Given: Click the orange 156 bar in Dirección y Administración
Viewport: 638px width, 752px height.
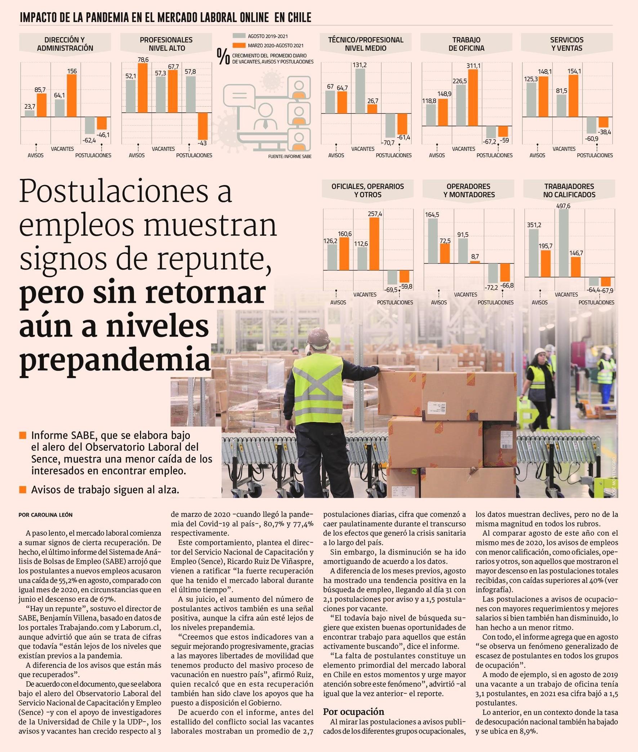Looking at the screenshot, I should pos(72,96).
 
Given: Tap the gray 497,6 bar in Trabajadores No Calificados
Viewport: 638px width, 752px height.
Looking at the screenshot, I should pos(563,243).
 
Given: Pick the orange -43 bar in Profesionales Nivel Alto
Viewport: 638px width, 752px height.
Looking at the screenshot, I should pos(202,126).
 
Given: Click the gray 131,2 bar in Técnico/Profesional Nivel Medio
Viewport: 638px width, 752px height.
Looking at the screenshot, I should pos(360,91).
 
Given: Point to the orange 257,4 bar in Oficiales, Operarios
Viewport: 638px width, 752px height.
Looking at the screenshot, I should pos(374,244).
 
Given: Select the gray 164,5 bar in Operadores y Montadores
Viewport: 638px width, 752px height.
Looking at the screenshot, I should pos(433,241).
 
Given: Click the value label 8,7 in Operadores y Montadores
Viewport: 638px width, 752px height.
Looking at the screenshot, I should pos(475,257).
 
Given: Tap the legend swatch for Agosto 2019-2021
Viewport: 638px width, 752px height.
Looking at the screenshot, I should pos(239,36).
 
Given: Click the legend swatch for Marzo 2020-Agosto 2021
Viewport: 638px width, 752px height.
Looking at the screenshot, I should pos(239,45).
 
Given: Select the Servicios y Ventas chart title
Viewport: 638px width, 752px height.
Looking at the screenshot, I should pos(566,44).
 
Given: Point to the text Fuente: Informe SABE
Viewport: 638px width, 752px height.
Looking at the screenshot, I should pos(290,157).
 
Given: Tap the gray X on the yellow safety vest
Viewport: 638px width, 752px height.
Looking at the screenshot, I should pos(317,387).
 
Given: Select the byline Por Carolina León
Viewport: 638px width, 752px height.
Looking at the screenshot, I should pos(43,515).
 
